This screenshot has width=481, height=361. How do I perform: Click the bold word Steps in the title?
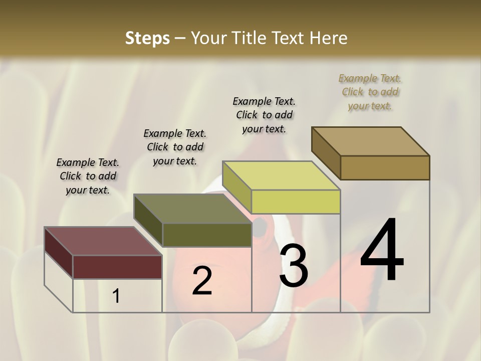147,38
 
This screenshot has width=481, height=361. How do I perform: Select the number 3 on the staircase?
294,266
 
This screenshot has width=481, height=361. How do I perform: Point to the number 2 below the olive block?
202,281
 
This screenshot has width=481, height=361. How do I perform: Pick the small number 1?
116,296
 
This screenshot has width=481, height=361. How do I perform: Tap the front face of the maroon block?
117,267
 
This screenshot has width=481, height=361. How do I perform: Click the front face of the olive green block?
206,235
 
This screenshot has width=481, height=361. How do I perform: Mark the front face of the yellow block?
296,202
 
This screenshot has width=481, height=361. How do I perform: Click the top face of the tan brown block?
370,141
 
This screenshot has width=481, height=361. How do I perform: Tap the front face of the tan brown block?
385,167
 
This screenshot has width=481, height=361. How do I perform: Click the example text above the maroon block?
88,176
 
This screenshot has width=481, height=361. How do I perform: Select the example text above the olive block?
175,147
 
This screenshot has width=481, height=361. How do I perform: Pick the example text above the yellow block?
264,115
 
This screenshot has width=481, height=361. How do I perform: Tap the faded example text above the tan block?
370,92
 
